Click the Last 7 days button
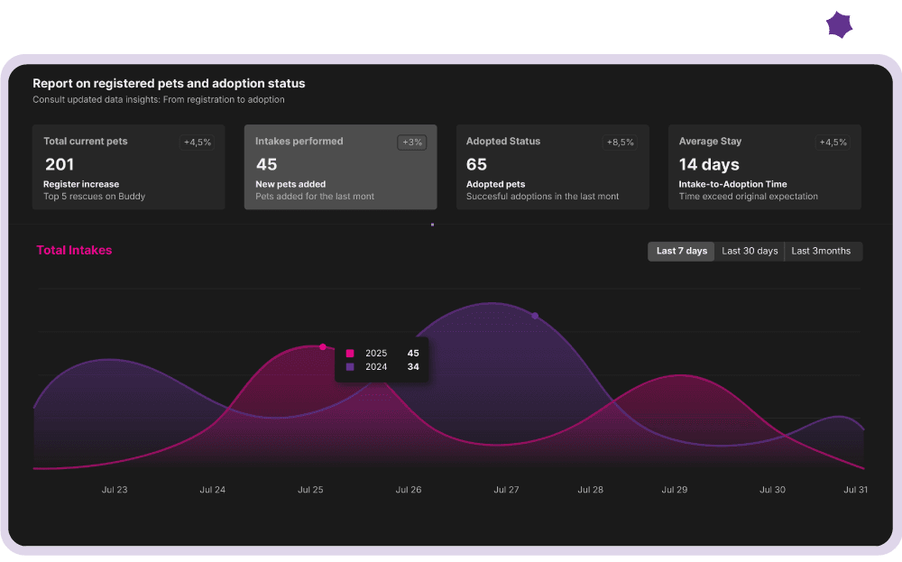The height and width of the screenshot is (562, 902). [681, 251]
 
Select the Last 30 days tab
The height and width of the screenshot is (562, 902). [750, 251]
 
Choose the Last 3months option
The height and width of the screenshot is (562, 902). [821, 251]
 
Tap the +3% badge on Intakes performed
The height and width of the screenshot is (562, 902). [411, 142]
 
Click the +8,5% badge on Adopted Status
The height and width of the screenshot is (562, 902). [620, 142]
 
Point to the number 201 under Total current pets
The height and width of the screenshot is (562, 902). [60, 164]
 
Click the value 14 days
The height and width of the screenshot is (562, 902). [709, 164]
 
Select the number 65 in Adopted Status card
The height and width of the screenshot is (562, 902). [476, 164]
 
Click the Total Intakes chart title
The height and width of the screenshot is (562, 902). [74, 250]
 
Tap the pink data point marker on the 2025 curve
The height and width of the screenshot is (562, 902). [323, 346]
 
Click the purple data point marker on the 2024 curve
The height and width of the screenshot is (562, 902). [535, 316]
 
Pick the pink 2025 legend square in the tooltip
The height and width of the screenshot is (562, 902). [350, 354]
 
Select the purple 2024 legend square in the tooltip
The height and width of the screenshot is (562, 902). [350, 367]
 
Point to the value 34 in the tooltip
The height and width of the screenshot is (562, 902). [413, 367]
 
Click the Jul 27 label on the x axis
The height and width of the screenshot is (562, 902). [506, 490]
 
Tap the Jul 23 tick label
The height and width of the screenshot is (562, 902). [115, 490]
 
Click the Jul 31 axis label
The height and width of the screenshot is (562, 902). [855, 490]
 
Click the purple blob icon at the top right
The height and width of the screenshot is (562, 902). [839, 25]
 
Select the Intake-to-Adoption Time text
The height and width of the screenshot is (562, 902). [732, 184]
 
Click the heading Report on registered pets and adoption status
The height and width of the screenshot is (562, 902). [169, 83]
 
